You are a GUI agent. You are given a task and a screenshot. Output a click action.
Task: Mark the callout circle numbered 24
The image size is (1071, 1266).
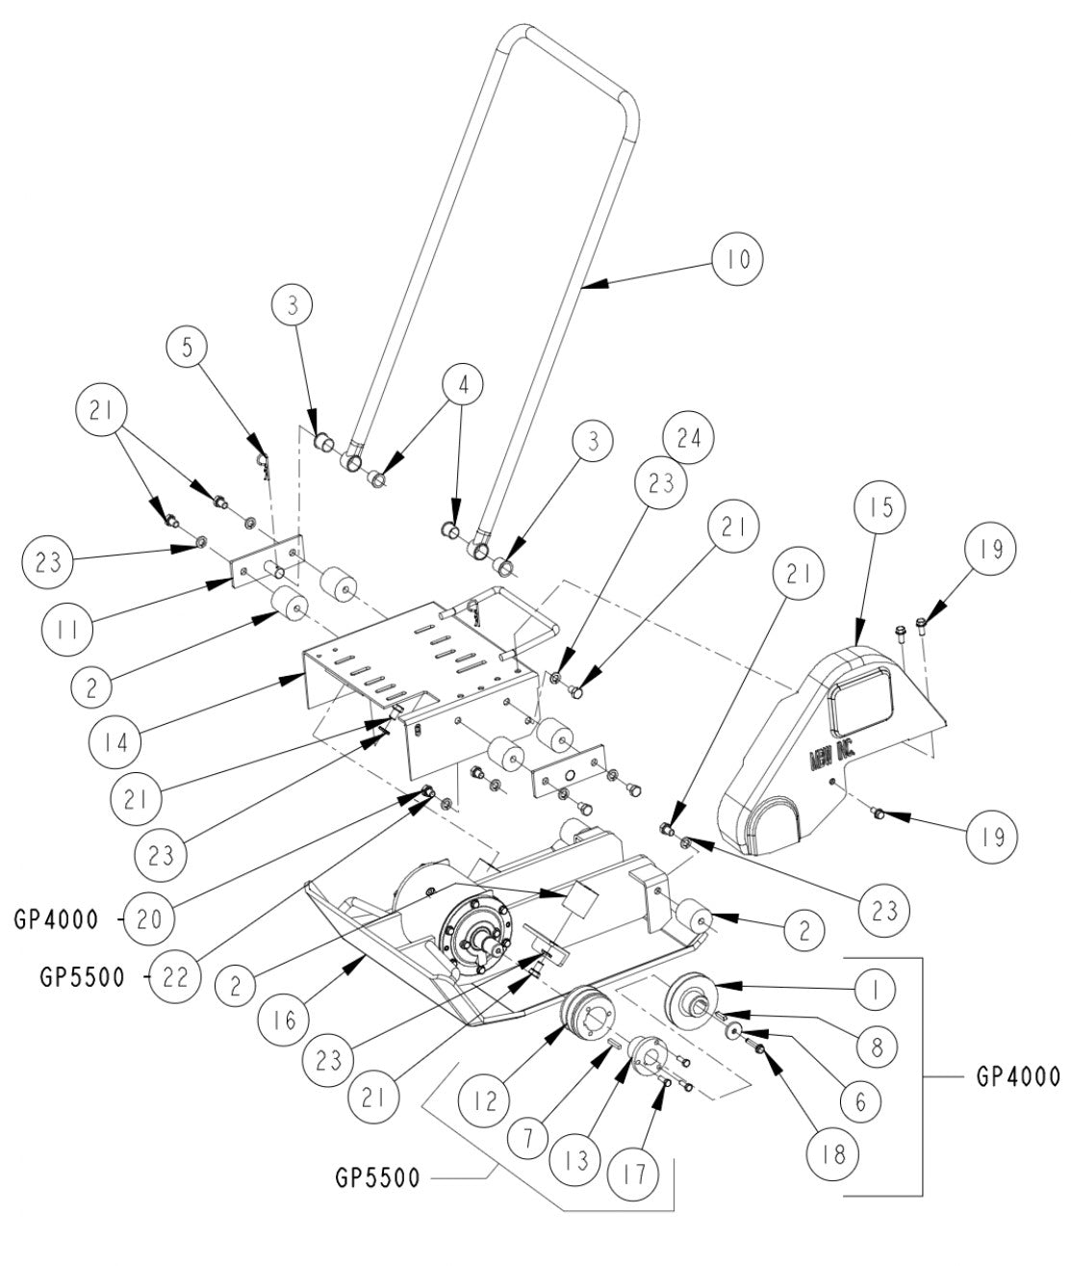click(689, 438)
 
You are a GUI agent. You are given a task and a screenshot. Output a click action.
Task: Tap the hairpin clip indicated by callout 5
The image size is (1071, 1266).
click(261, 466)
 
